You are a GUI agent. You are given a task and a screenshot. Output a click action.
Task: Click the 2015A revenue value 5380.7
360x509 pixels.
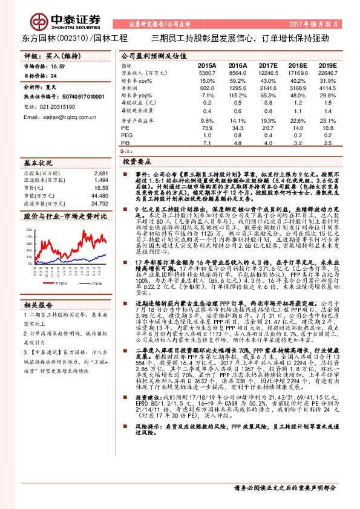pyautogui.click(x=206, y=72)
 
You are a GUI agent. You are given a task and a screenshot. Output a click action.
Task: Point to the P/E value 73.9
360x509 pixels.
pyautogui.click(x=207, y=128)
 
